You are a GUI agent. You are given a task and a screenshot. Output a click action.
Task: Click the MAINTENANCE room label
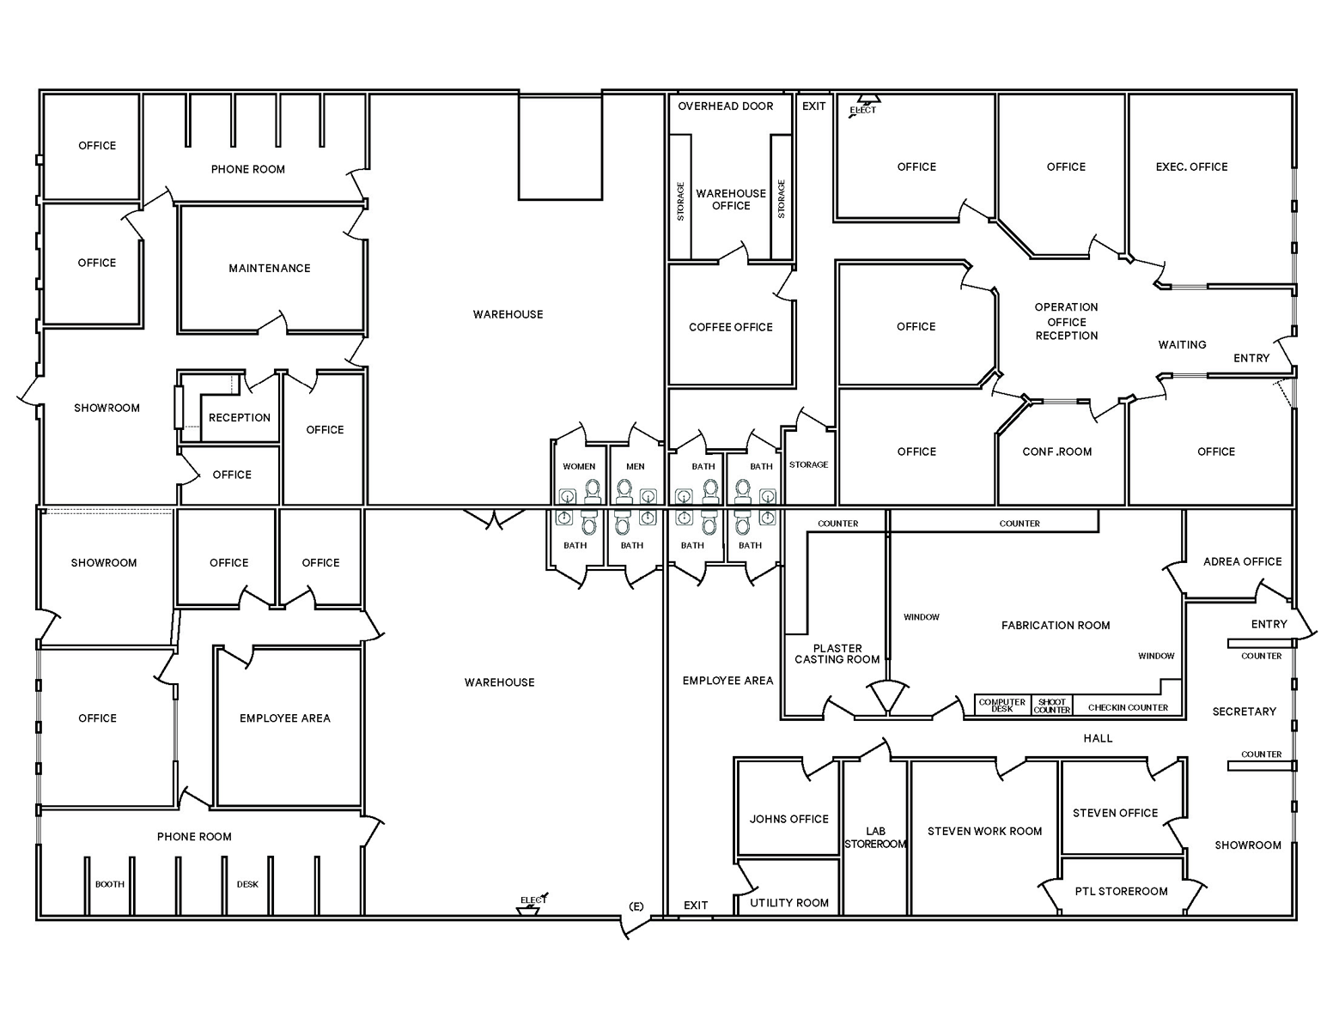(270, 269)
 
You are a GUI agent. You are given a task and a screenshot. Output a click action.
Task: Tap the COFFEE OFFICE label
(731, 327)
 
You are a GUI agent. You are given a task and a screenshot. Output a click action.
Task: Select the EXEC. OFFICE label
(1191, 167)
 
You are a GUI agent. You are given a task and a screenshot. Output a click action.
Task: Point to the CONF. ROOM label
(1057, 452)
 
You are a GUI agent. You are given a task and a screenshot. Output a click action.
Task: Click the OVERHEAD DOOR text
(726, 106)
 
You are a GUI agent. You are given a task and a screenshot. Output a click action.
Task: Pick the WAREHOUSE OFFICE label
(731, 200)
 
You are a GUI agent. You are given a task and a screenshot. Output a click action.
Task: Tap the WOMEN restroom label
(579, 467)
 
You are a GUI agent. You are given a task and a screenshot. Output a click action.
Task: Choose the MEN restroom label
(636, 467)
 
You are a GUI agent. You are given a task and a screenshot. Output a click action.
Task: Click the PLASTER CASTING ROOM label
(837, 654)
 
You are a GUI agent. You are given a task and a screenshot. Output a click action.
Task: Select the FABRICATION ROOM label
(1056, 626)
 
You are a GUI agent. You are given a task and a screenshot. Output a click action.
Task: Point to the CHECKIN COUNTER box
(1128, 708)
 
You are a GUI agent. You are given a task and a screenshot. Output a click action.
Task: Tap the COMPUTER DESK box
(1002, 706)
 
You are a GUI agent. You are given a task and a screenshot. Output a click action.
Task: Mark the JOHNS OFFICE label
(789, 820)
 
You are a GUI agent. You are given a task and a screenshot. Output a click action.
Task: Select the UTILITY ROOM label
(789, 903)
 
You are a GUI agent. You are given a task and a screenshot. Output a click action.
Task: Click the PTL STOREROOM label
(1121, 892)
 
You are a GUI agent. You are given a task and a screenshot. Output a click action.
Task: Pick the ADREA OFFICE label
(1242, 562)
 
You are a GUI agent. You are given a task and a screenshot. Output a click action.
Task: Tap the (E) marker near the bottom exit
(636, 906)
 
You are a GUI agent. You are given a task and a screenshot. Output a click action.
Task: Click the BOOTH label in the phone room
(110, 885)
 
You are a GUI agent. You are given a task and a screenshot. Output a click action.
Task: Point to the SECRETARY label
(1244, 712)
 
